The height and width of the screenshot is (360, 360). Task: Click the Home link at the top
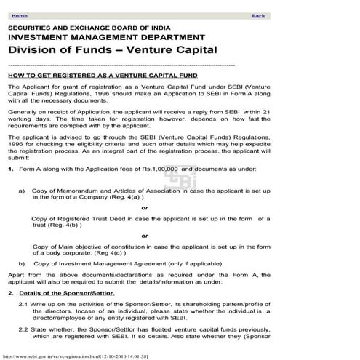point(19,15)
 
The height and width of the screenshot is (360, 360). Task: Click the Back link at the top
point(257,15)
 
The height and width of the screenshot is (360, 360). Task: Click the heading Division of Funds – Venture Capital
point(112,50)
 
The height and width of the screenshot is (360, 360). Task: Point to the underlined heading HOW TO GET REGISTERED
point(110,75)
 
